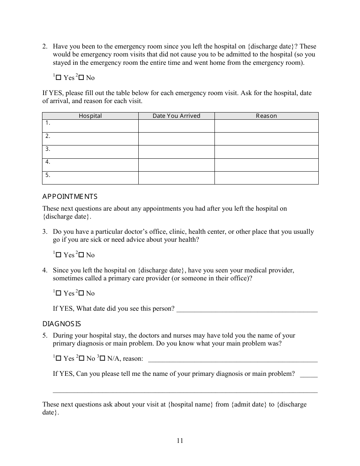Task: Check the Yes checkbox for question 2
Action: pos(58,78)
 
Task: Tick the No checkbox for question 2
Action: pos(81,78)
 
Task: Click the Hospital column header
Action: pos(90,116)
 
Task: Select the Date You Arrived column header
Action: pos(176,116)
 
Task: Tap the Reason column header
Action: pos(266,116)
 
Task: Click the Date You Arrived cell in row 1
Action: pos(176,126)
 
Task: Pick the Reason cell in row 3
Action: pos(266,152)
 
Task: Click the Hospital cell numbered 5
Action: pos(90,178)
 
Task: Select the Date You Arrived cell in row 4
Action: pos(176,165)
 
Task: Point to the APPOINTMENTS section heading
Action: pos(70,197)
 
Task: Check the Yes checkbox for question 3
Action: pos(58,255)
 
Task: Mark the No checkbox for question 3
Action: pos(81,255)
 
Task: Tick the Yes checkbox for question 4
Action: pos(58,293)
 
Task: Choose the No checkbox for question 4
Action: pos(81,293)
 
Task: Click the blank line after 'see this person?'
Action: pos(247,309)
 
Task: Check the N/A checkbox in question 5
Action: pos(102,358)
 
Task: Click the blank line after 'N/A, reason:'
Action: pos(233,359)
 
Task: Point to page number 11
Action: pos(180,441)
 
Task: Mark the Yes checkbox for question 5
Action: pos(58,358)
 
